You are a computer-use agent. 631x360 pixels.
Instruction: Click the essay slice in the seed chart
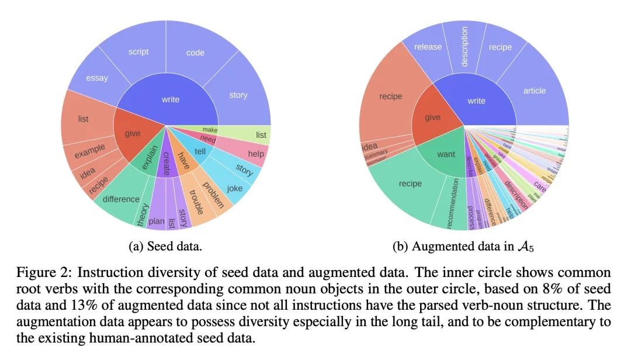click(x=96, y=78)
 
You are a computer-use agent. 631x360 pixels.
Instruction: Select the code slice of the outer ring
click(x=195, y=53)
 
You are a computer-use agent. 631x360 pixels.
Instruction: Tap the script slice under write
click(x=138, y=51)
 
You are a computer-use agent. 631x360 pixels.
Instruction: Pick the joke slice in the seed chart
click(x=235, y=189)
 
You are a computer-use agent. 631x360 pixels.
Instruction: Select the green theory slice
click(x=143, y=214)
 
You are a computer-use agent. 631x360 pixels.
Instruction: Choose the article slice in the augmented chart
click(x=534, y=90)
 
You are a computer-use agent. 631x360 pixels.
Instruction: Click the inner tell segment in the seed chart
click(x=199, y=150)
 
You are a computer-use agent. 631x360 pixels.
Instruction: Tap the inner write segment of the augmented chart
click(x=477, y=101)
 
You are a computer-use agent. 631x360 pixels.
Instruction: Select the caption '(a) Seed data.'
click(x=165, y=247)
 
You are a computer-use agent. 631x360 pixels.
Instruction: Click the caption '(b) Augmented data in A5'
click(x=463, y=247)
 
